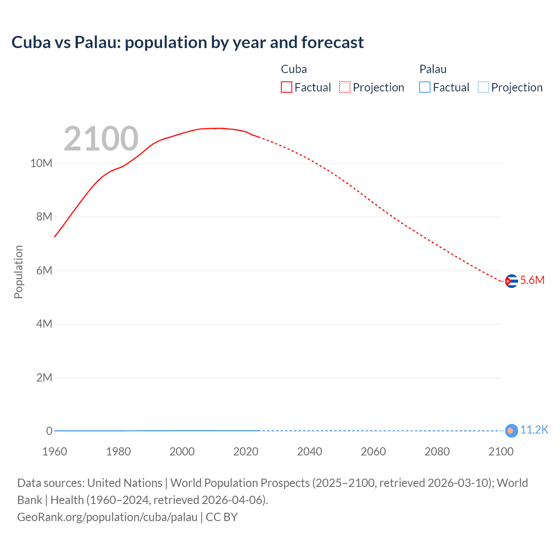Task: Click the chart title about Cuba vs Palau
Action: [x=187, y=42]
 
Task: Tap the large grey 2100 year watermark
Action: [x=101, y=139]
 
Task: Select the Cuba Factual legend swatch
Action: [x=286, y=87]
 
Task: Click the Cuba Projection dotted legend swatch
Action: [x=345, y=87]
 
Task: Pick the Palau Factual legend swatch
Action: [x=424, y=87]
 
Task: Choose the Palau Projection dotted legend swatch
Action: [x=483, y=87]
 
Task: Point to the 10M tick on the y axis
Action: [x=41, y=164]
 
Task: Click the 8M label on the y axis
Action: [x=44, y=217]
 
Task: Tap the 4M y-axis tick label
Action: [x=44, y=324]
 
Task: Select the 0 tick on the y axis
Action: [x=49, y=431]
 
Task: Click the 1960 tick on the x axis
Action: [x=55, y=451]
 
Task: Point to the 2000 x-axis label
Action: [x=182, y=451]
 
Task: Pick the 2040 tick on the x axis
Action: [x=309, y=451]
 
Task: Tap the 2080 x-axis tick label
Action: [x=437, y=451]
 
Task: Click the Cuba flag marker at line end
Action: [x=511, y=281]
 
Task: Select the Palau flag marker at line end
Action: [x=511, y=430]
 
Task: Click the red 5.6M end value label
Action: [x=532, y=280]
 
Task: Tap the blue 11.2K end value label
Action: [x=534, y=430]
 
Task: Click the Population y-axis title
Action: [x=18, y=272]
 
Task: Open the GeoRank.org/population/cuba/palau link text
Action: [x=107, y=517]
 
